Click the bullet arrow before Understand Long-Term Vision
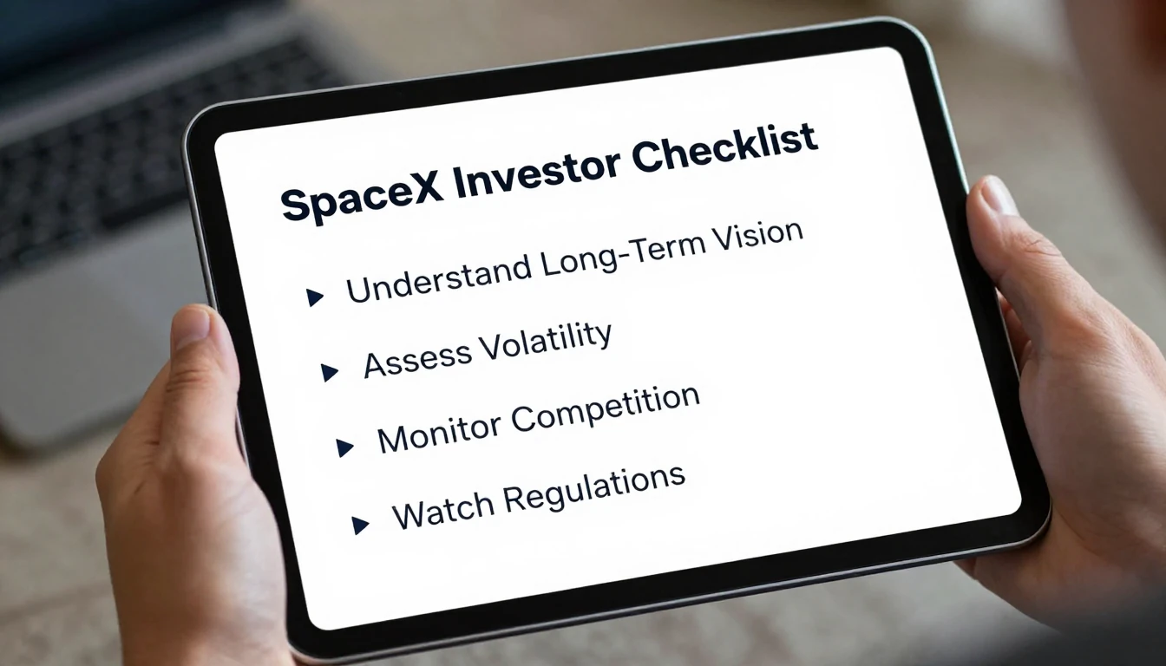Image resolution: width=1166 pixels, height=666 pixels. coord(315,297)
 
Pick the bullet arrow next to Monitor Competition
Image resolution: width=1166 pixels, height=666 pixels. coord(344,447)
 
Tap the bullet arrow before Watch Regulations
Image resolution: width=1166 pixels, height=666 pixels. coord(360,525)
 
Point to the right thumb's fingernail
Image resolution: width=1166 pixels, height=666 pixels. coord(998,196)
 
